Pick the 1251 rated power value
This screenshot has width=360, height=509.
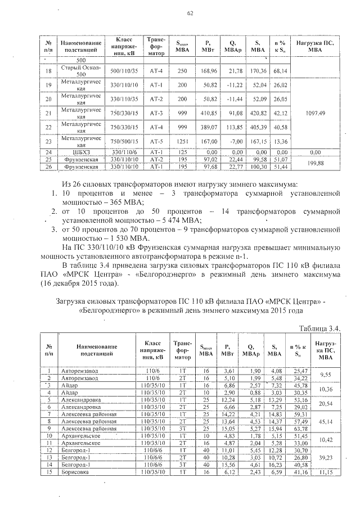click(182, 141)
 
